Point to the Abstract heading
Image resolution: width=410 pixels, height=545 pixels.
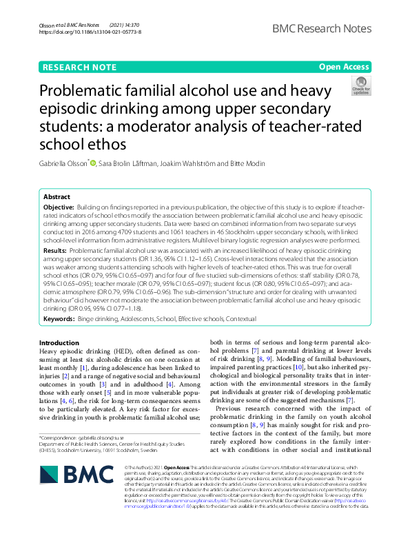click(x=57, y=196)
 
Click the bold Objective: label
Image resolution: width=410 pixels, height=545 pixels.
click(x=59, y=207)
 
